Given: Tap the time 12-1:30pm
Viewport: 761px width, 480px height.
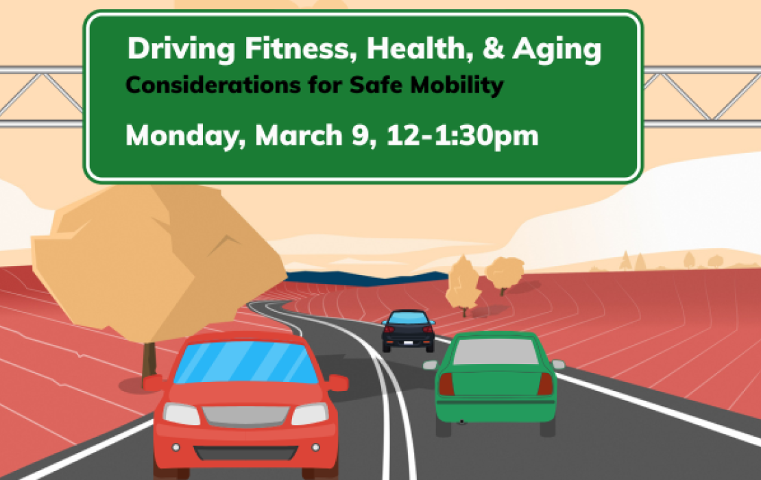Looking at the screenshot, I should pos(462,136).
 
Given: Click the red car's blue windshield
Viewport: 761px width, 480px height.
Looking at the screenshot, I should pos(245,362).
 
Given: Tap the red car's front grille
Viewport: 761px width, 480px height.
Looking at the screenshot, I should pos(245,416).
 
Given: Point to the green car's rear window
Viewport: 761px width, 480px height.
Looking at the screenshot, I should pos(496,352).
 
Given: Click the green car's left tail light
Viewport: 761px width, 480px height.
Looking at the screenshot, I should pos(446,384).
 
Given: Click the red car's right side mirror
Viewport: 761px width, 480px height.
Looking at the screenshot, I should pos(337,383).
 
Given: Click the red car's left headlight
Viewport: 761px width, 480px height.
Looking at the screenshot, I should pos(182,414).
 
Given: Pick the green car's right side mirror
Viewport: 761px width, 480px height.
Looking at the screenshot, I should pos(558,364).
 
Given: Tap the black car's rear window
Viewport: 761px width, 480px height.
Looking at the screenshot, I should pos(409,319).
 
